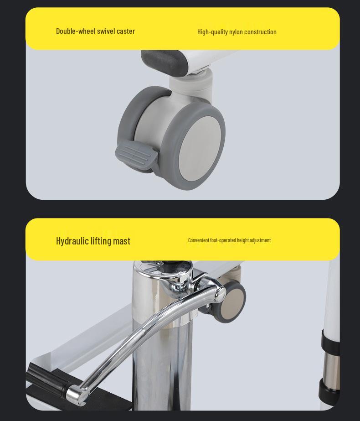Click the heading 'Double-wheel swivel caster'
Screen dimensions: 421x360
point(95,31)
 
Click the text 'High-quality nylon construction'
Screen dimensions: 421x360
point(237,32)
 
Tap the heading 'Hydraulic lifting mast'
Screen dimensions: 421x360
point(93,241)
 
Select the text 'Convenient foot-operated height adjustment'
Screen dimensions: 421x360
point(229,240)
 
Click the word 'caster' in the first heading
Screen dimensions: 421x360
point(126,31)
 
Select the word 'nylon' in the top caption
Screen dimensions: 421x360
point(236,32)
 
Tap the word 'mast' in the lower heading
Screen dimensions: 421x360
point(122,241)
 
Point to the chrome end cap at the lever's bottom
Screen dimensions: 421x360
point(75,394)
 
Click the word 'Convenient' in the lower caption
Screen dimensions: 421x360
point(199,240)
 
